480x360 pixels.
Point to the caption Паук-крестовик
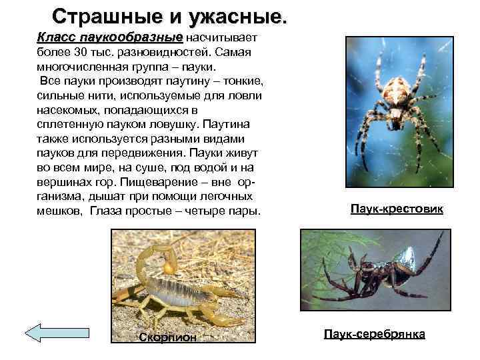[x=396, y=209]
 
